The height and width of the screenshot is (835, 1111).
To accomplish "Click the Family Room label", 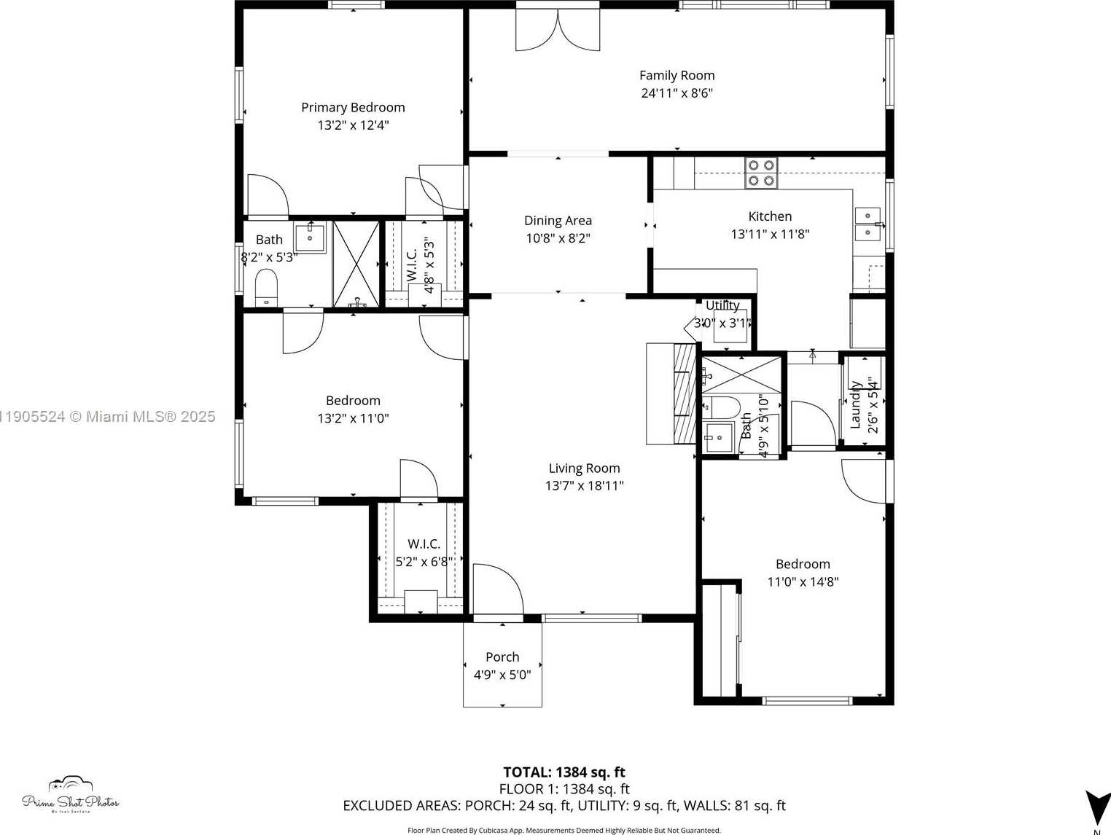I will pos(677,75).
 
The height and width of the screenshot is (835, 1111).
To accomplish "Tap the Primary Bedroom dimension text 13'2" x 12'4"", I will pos(353,125).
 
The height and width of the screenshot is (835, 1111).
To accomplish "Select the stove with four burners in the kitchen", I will pos(761,173).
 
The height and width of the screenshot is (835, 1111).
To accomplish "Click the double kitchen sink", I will pos(868,224).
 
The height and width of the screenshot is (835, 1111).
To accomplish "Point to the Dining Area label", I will pos(558,220).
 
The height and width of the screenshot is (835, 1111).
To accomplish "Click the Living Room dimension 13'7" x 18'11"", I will pos(584,486).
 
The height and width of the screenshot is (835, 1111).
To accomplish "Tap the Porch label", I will pos(502,657).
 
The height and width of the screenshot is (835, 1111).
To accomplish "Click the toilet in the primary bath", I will pos(266,287).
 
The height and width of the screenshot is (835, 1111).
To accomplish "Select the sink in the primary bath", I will pos(310,238).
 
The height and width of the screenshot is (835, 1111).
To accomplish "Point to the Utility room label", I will pos(722,305).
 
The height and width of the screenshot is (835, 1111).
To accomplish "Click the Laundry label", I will pos(856,404).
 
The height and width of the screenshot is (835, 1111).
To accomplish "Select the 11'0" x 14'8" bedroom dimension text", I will pos(803,582).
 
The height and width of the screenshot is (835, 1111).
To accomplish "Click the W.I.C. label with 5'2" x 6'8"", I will pos(424,544).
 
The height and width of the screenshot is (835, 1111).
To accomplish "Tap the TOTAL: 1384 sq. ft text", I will pos(564,772).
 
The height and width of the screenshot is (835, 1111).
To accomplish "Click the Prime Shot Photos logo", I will pos(71,795).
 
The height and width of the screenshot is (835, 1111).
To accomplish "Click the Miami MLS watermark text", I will pos(108,417).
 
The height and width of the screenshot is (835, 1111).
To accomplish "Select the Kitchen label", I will pos(770,216).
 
